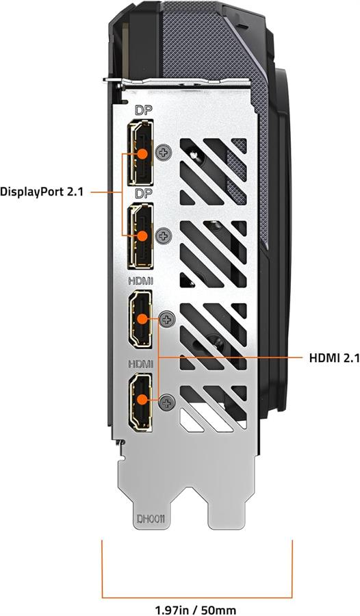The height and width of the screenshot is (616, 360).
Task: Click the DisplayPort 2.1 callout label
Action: [x=42, y=192]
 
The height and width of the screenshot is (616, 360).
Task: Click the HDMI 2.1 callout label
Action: [x=335, y=358]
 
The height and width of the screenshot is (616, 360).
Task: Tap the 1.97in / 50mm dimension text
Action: [x=195, y=610]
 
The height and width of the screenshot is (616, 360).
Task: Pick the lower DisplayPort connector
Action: [x=141, y=236]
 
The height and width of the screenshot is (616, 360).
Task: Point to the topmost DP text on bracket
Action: [x=144, y=110]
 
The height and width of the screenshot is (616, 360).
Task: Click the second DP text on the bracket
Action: [x=144, y=193]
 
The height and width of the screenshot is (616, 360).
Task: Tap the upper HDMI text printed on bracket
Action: [x=141, y=281]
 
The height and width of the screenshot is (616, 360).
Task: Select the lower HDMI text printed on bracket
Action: [x=141, y=364]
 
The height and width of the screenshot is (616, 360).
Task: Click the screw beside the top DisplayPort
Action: [x=164, y=152]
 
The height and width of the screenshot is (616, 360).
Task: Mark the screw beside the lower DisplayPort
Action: [x=164, y=235]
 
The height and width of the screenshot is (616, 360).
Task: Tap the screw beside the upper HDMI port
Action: [x=168, y=320]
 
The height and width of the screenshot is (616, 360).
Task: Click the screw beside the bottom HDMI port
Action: [x=168, y=402]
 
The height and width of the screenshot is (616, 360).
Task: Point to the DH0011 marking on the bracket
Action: [x=150, y=519]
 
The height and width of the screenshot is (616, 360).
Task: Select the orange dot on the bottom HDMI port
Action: [x=142, y=400]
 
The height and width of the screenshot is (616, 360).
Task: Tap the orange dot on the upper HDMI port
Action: [x=142, y=318]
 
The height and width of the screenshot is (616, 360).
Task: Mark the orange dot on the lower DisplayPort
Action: [x=142, y=235]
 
